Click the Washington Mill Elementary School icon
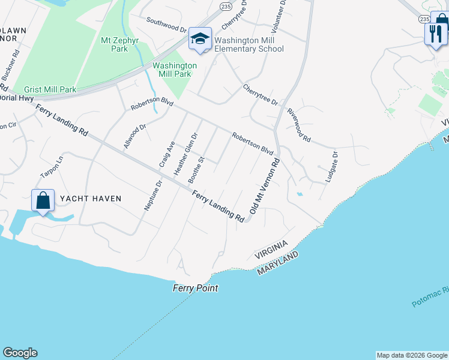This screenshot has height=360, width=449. click(200, 39)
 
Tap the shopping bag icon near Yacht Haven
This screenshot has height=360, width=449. click(43, 200)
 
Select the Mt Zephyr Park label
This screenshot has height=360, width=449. click(115, 45)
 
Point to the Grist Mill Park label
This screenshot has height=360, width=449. click(46, 89)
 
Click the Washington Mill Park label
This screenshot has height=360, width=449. click(175, 70)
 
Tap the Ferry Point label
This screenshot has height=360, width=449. click(195, 288)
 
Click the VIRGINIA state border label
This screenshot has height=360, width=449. click(270, 251)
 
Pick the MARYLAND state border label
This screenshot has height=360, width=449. click(278, 264)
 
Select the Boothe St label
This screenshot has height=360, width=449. click(197, 170)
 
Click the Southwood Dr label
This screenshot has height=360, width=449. click(167, 24)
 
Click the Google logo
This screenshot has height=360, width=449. click(20, 353)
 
